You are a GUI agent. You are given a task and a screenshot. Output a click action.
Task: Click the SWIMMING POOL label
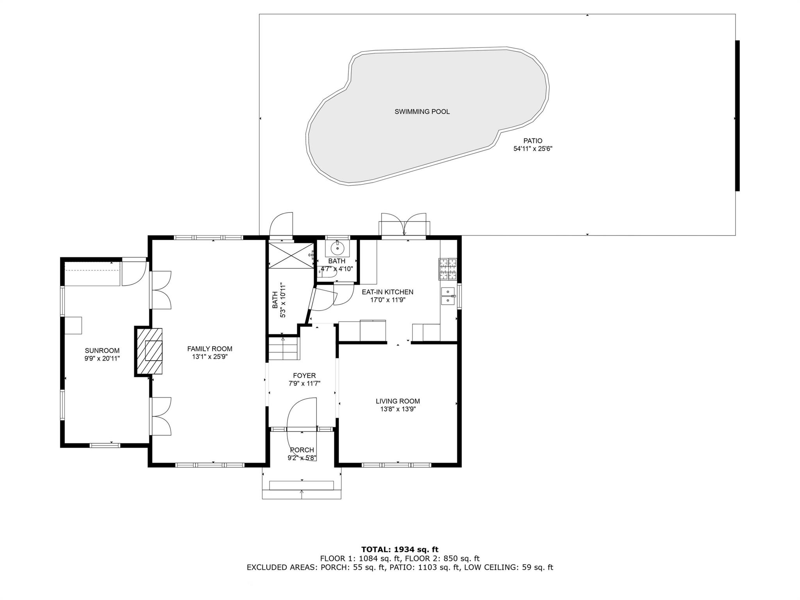tap(422, 112)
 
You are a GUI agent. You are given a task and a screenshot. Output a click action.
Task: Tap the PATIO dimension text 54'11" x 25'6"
tap(533, 149)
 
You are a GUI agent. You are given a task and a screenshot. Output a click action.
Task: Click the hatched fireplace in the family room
tap(148, 352)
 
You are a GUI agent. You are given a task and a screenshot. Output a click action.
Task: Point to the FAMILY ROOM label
tap(210, 349)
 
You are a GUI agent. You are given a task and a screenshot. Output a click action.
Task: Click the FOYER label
tap(304, 376)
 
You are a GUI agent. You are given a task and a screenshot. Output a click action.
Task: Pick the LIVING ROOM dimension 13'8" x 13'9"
tap(398, 409)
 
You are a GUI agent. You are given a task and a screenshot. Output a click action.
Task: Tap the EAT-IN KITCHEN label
tap(387, 292)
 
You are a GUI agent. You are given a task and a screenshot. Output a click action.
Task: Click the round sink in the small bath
tap(337, 248)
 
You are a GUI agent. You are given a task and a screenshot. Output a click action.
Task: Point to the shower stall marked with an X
tap(291, 255)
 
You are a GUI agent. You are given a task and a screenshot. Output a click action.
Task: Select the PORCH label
tap(302, 450)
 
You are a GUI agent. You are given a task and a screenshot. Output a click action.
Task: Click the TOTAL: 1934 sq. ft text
tap(400, 550)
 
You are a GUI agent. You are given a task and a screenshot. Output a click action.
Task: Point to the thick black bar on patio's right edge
tap(737, 116)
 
